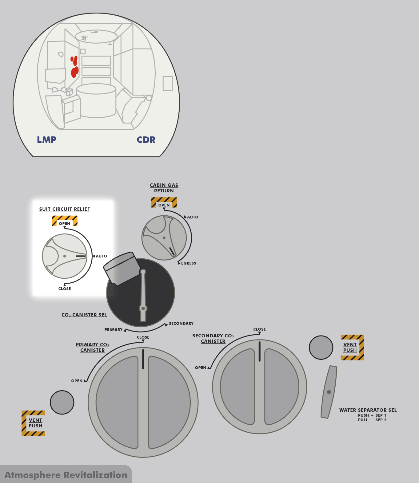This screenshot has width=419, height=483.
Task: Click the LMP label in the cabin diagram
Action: tap(46, 140)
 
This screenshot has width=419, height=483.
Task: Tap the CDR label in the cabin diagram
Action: tap(146, 140)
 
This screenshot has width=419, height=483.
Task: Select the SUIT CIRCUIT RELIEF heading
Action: tap(65, 209)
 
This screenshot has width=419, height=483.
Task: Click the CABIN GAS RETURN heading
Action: tap(164, 188)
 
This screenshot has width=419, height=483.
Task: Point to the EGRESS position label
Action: tap(189, 263)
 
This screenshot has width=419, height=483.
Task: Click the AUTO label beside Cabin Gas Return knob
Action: tap(193, 217)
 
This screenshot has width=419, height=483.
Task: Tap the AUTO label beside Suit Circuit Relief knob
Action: tap(101, 256)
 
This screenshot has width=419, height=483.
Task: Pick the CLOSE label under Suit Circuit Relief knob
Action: tap(65, 289)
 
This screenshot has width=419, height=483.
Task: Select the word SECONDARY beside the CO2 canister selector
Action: tap(181, 324)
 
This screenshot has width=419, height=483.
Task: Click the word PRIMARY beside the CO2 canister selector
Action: tap(114, 329)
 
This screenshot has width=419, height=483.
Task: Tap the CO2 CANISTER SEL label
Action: tap(84, 315)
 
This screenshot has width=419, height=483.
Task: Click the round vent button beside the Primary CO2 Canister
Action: tap(62, 402)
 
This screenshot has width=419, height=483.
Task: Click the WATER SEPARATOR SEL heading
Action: tap(368, 410)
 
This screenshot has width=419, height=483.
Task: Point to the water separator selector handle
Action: tap(329, 392)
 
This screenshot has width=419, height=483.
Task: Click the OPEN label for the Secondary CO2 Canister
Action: tap(201, 367)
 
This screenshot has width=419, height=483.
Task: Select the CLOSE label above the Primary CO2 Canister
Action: tap(143, 337)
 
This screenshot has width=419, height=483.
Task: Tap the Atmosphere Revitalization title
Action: tap(66, 475)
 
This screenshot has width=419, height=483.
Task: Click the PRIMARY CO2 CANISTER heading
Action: tap(92, 347)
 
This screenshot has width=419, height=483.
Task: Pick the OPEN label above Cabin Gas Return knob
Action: tap(164, 205)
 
